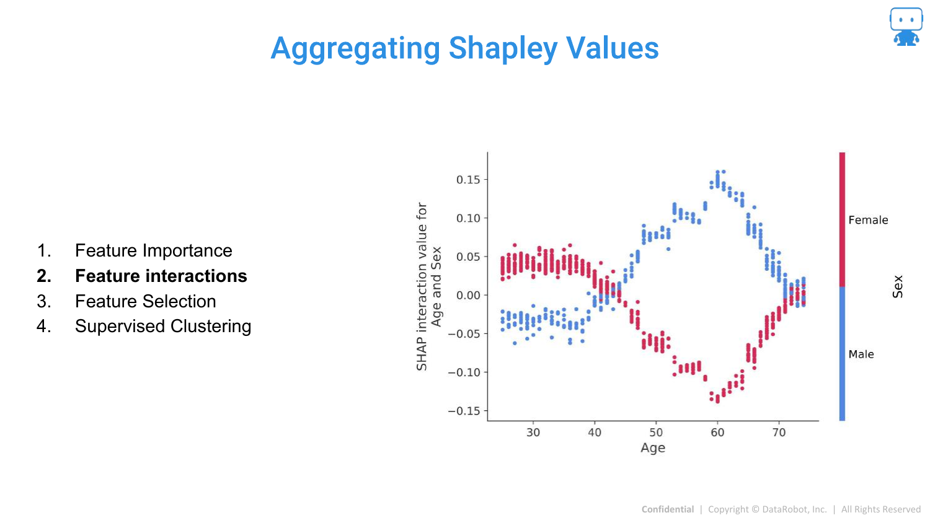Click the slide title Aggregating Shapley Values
point(464,48)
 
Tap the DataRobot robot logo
point(906,27)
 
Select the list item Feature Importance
point(153,250)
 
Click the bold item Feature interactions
point(161,276)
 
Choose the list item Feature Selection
point(145,301)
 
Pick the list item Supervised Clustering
point(163,326)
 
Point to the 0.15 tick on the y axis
point(468,180)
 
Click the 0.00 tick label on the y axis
point(468,295)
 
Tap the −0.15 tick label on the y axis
point(464,411)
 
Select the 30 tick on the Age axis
point(533,433)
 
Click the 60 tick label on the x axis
point(717,433)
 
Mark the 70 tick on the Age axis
point(779,433)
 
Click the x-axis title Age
point(653,448)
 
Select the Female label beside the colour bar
point(868,220)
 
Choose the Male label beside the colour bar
point(861,354)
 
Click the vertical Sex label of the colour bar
point(898,286)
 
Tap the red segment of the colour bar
point(842,219)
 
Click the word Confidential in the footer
point(667,509)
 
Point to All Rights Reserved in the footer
point(880,509)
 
